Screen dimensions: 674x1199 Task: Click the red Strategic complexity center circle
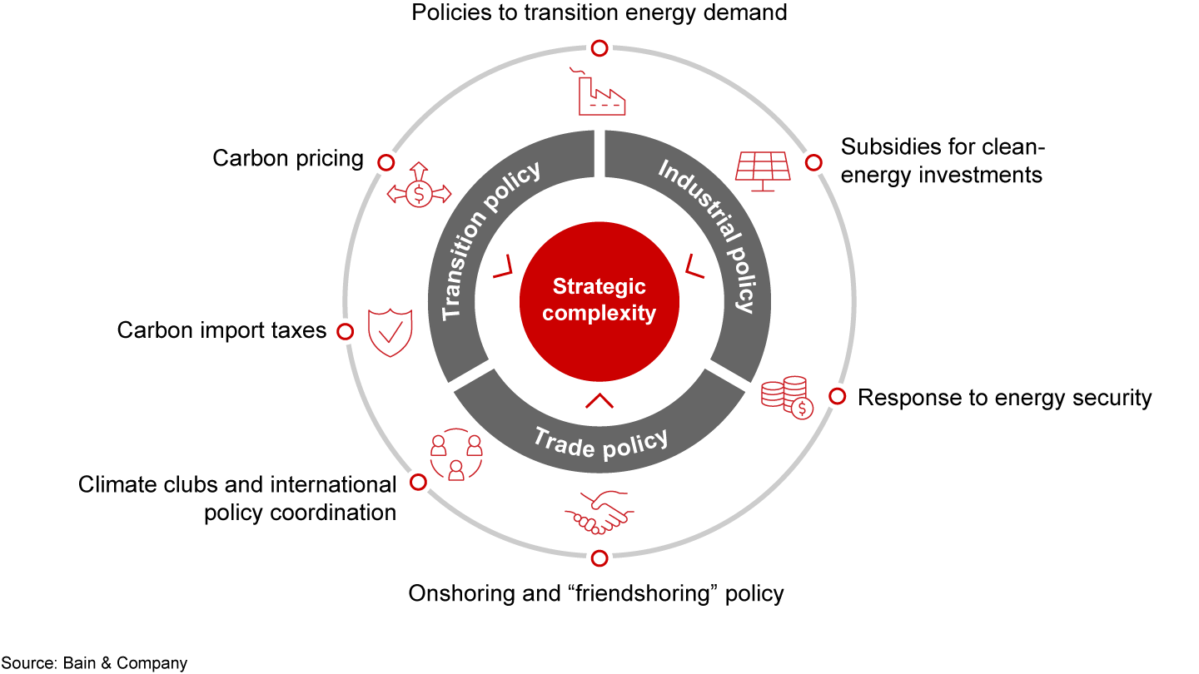tap(599, 300)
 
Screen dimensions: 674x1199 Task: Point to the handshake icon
tap(599, 513)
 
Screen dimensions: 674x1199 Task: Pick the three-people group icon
tap(455, 457)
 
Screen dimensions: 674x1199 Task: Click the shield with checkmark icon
tap(391, 332)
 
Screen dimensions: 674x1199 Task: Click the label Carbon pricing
tap(288, 158)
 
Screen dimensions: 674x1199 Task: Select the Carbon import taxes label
tap(221, 330)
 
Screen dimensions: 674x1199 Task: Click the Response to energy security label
tap(1004, 398)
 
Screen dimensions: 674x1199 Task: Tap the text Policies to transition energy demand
tap(599, 12)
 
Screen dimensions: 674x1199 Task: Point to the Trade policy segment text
tap(600, 442)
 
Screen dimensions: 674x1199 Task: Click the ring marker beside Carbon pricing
tap(385, 161)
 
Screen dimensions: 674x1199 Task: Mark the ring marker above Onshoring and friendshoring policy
tap(599, 558)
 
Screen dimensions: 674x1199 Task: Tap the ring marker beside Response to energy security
tap(837, 396)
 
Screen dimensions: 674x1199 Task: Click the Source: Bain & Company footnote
tap(94, 663)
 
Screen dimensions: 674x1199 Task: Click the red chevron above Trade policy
tap(599, 401)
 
